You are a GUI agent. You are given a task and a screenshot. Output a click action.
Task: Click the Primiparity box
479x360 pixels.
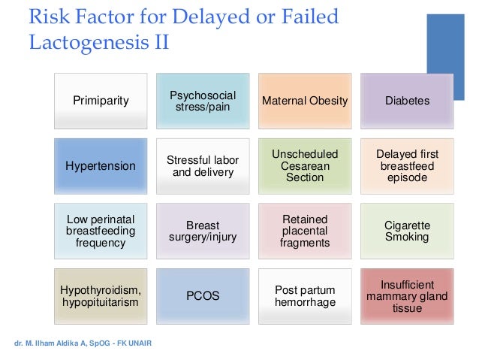click(x=100, y=101)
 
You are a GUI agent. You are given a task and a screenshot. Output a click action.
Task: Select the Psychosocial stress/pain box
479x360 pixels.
click(x=203, y=101)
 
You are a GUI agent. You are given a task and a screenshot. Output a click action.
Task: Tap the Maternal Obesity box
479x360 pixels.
click(x=305, y=101)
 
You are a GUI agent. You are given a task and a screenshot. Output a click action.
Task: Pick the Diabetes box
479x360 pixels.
click(x=407, y=101)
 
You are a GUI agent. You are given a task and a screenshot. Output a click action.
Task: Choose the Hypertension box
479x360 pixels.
click(x=100, y=166)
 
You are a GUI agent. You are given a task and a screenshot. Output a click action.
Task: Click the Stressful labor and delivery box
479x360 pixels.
click(x=203, y=166)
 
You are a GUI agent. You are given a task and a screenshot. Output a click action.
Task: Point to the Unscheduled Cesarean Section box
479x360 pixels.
click(x=305, y=166)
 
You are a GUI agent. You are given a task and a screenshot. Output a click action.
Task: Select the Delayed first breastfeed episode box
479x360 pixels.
click(x=407, y=166)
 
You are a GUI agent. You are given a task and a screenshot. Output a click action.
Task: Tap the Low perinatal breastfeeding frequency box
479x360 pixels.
click(x=100, y=231)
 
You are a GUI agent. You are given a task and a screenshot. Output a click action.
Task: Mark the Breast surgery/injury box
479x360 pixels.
click(x=203, y=231)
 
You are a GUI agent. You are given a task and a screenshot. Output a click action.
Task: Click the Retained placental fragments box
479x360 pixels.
click(x=305, y=231)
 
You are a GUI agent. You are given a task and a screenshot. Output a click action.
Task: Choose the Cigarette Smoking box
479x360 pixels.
click(x=407, y=231)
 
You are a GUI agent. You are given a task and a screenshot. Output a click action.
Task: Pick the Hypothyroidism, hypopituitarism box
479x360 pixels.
click(x=100, y=296)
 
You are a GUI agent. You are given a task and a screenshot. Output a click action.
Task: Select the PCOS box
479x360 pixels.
click(x=203, y=296)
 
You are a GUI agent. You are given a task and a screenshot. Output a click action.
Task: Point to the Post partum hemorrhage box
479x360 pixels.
click(x=305, y=296)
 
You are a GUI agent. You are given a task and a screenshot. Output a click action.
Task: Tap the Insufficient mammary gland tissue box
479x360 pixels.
click(x=407, y=296)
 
